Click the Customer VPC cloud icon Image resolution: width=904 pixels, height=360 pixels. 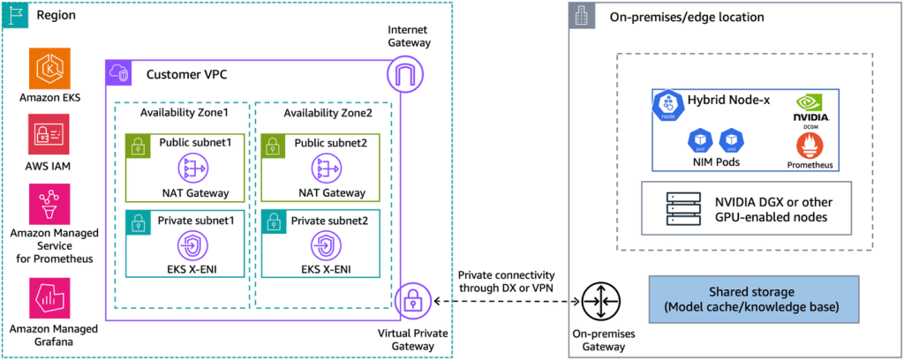117,73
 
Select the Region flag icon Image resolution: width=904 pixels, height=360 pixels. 15,15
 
